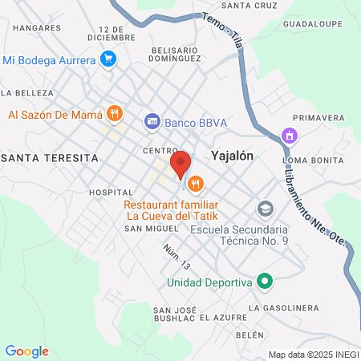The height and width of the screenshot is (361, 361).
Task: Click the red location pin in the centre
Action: pos(181,164)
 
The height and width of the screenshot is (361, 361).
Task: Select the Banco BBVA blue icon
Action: pos(152,122)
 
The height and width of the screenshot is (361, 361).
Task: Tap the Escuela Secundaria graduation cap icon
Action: pos(264,209)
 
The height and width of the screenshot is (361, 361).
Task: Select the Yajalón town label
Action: pos(233,156)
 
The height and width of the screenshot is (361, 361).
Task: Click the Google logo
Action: pos(26,351)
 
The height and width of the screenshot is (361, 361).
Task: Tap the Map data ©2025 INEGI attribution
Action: pos(313,355)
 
